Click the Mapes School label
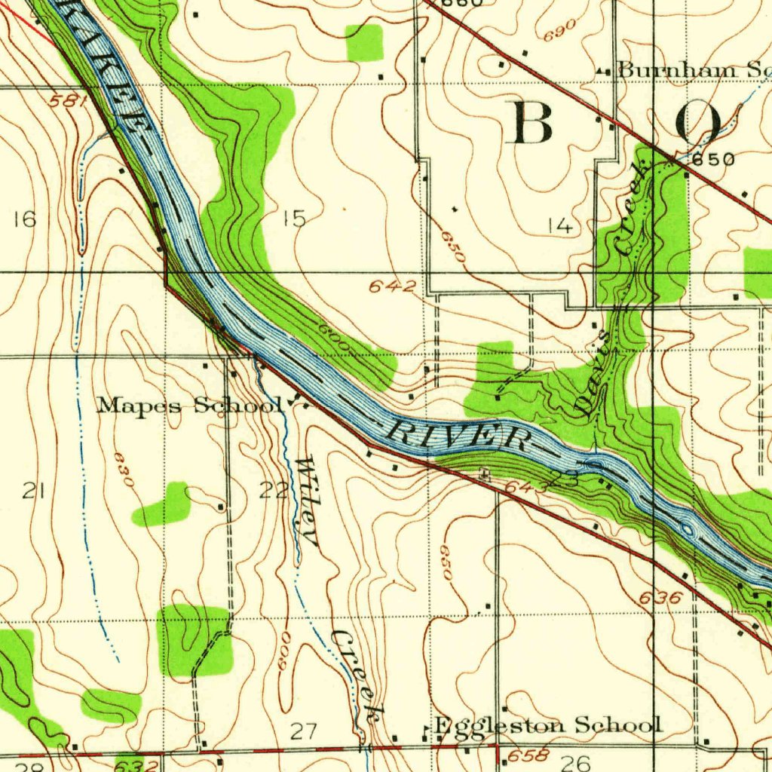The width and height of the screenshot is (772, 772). tap(188, 406)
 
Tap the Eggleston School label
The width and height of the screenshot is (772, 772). tap(548, 725)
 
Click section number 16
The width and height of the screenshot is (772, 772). tap(24, 219)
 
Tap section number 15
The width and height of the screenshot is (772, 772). tap(294, 219)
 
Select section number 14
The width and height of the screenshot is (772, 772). tap(560, 225)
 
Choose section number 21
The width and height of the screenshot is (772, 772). tap(32, 492)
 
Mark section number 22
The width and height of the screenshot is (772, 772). tap(274, 491)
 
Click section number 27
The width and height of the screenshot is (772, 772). tap(304, 730)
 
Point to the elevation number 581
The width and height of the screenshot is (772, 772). tap(70, 101)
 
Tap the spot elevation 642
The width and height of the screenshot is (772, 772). tap(392, 286)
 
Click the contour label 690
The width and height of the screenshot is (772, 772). tap(559, 29)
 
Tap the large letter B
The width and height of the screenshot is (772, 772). tap(533, 122)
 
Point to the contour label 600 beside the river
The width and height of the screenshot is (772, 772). tap(332, 338)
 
